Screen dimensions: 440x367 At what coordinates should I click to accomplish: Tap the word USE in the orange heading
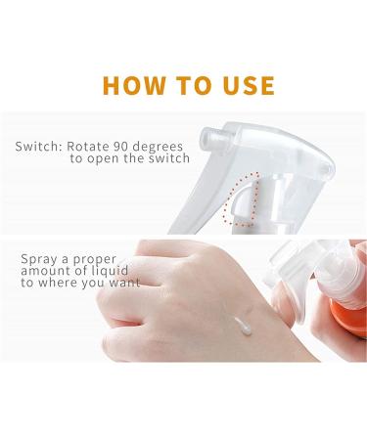241,84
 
